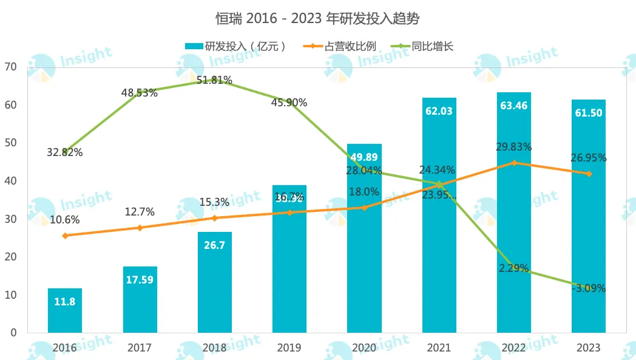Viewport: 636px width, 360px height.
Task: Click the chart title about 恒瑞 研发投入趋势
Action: [317, 18]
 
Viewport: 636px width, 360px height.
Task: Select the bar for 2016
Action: [64, 310]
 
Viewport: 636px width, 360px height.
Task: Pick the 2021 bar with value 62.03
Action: [439, 215]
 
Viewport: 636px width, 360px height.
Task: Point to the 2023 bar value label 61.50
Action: [588, 114]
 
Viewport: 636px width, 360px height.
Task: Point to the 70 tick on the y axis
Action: [12, 67]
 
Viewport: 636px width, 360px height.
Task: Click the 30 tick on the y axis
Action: [12, 219]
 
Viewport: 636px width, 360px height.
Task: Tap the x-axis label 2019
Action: [289, 348]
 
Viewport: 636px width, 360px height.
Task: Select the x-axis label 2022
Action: [513, 348]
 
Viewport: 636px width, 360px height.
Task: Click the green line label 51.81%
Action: [214, 80]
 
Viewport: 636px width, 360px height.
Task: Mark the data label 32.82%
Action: [65, 152]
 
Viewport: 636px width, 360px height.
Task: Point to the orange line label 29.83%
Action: [513, 147]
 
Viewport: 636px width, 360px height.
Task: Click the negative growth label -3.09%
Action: [588, 288]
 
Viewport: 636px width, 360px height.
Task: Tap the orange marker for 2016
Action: [65, 236]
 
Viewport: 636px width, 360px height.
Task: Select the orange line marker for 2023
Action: [588, 174]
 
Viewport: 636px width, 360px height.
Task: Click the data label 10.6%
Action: [65, 220]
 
